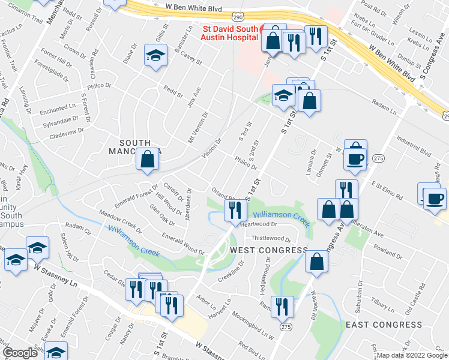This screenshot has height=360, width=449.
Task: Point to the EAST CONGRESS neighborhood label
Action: pos(384,324)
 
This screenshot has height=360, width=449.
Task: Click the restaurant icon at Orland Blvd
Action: pos(234,209)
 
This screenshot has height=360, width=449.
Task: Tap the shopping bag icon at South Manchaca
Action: pos(147,160)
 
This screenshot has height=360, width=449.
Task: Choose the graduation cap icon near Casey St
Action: pos(155,56)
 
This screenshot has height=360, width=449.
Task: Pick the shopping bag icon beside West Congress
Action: pos(316,262)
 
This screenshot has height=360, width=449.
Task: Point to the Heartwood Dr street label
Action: pos(257,224)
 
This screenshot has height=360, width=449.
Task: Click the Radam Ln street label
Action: pos(384,107)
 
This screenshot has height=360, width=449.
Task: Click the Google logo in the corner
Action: pos(20,353)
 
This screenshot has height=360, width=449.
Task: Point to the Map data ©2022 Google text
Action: pos(411,355)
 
